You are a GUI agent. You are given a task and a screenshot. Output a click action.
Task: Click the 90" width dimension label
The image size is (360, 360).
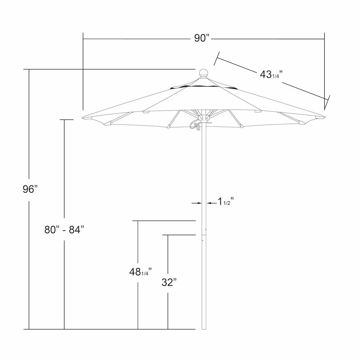click(x=202, y=38)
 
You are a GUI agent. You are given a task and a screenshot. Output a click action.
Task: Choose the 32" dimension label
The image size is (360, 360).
click(x=168, y=283)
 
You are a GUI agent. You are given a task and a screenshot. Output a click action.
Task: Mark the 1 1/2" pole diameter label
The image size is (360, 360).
click(x=226, y=202)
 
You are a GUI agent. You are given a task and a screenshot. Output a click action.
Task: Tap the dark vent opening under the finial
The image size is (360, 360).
click(x=204, y=87)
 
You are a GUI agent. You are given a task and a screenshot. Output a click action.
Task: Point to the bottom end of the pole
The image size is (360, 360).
click(x=204, y=328)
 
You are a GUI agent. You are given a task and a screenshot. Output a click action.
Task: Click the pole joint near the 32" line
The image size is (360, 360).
click(x=204, y=234)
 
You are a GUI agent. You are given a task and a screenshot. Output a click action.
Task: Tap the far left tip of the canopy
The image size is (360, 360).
click(x=84, y=118)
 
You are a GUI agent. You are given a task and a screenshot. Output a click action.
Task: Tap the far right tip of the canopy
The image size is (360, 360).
click(x=324, y=116)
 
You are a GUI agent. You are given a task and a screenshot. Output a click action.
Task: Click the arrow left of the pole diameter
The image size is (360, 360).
click(x=197, y=203)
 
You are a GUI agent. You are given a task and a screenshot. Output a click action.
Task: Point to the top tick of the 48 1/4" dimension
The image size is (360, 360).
click(x=164, y=220)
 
